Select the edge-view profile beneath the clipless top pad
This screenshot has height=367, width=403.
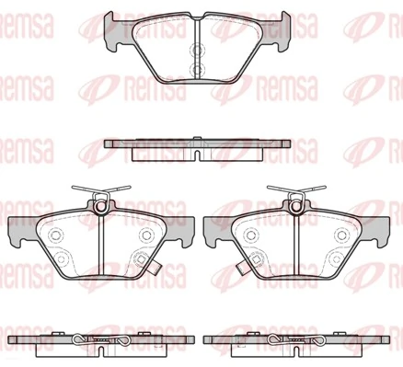pyautogui.click(x=200, y=149)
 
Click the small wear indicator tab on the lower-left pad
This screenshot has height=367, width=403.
pyautogui.click(x=157, y=271)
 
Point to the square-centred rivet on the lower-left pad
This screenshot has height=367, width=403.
pyautogui.click(x=140, y=259)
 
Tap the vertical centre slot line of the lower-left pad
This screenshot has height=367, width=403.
pyautogui.click(x=100, y=244)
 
